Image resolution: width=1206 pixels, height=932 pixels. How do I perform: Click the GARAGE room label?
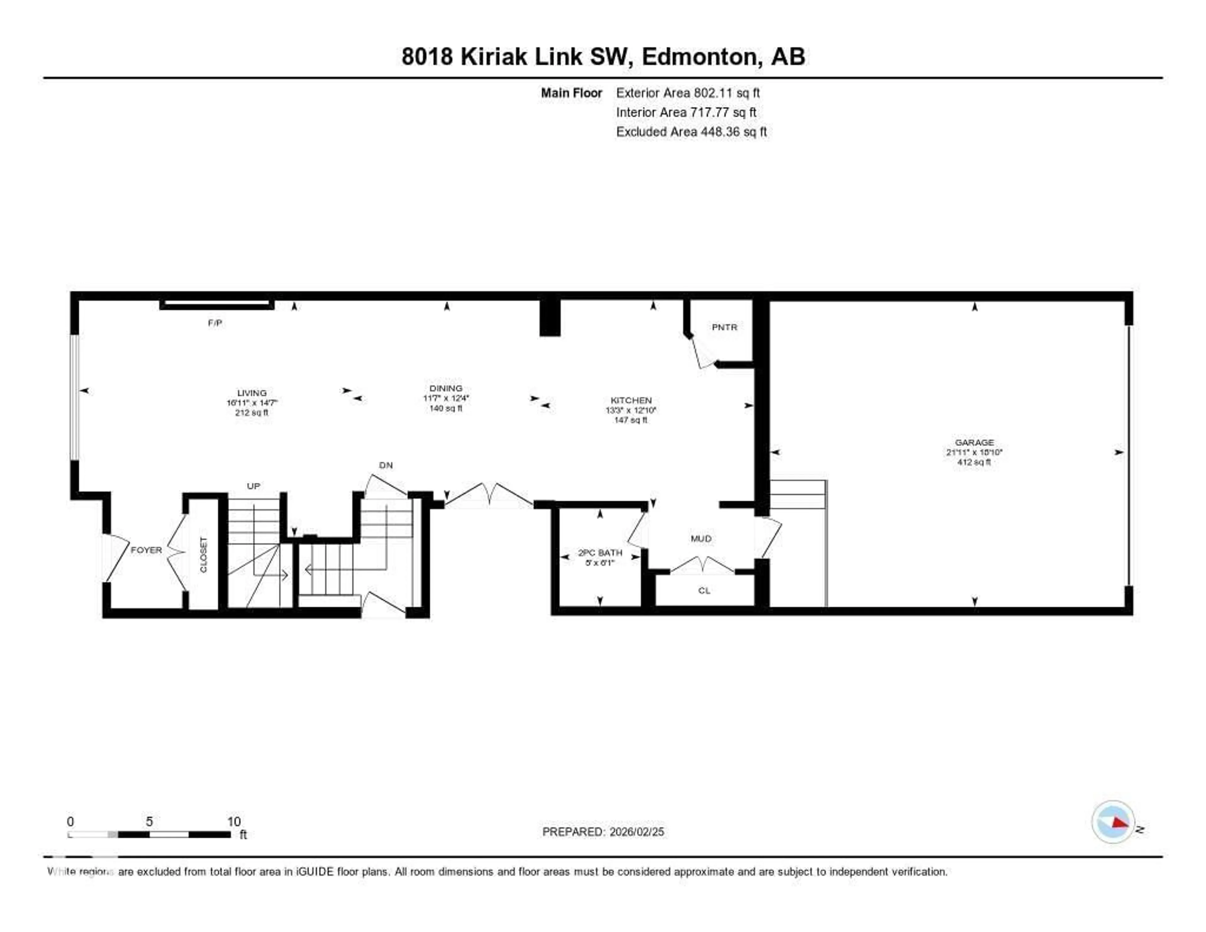(x=974, y=442)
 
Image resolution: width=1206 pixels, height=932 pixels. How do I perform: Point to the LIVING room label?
(x=252, y=393)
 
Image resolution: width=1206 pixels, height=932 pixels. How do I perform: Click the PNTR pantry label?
(x=724, y=327)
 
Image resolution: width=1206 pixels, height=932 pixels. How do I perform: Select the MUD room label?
(x=701, y=538)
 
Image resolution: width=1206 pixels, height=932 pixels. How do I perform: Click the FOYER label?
(x=146, y=550)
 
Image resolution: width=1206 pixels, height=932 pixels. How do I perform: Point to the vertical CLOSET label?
(x=203, y=555)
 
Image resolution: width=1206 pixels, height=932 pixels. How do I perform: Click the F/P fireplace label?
(x=215, y=323)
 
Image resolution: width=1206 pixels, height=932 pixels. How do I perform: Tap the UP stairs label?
(x=253, y=486)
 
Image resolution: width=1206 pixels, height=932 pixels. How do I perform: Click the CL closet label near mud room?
(x=704, y=590)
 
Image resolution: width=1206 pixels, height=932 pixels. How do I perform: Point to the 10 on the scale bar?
(x=234, y=821)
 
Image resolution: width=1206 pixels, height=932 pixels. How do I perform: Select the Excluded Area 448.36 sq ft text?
(x=691, y=131)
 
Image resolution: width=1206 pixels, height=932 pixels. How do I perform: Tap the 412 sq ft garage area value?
(x=974, y=462)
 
